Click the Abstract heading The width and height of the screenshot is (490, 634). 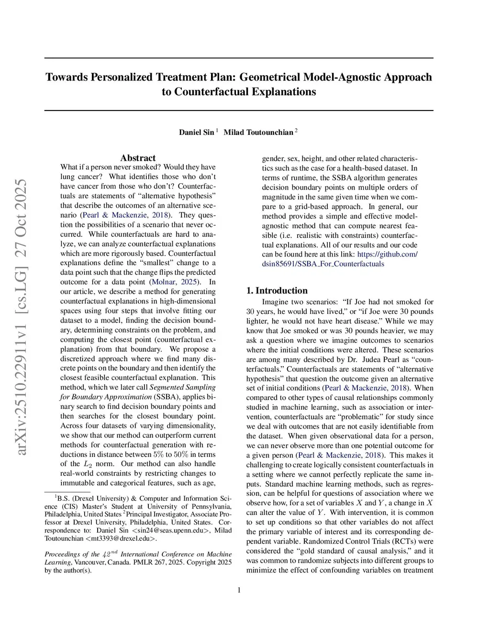tap(138, 158)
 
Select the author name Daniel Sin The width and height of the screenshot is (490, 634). tap(196, 132)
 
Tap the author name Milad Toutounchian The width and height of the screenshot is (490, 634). tap(258, 132)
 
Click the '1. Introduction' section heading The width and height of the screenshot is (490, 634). tap(277, 290)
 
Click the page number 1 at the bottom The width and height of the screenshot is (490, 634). tap(239, 590)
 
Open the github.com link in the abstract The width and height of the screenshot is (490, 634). tap(387, 254)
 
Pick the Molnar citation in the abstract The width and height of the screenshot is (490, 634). tap(163, 282)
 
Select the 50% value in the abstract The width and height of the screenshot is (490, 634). tap(181, 454)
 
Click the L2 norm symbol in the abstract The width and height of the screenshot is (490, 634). tap(88, 464)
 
